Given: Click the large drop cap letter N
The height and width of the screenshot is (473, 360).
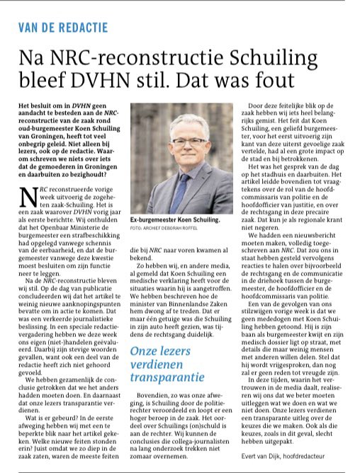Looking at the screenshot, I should click(x=28, y=201).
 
